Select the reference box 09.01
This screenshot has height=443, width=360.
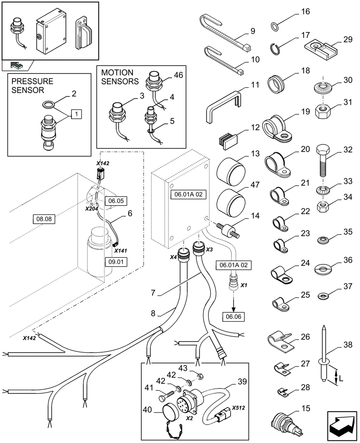pos(116,261)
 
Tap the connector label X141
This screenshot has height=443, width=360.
pos(120,251)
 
